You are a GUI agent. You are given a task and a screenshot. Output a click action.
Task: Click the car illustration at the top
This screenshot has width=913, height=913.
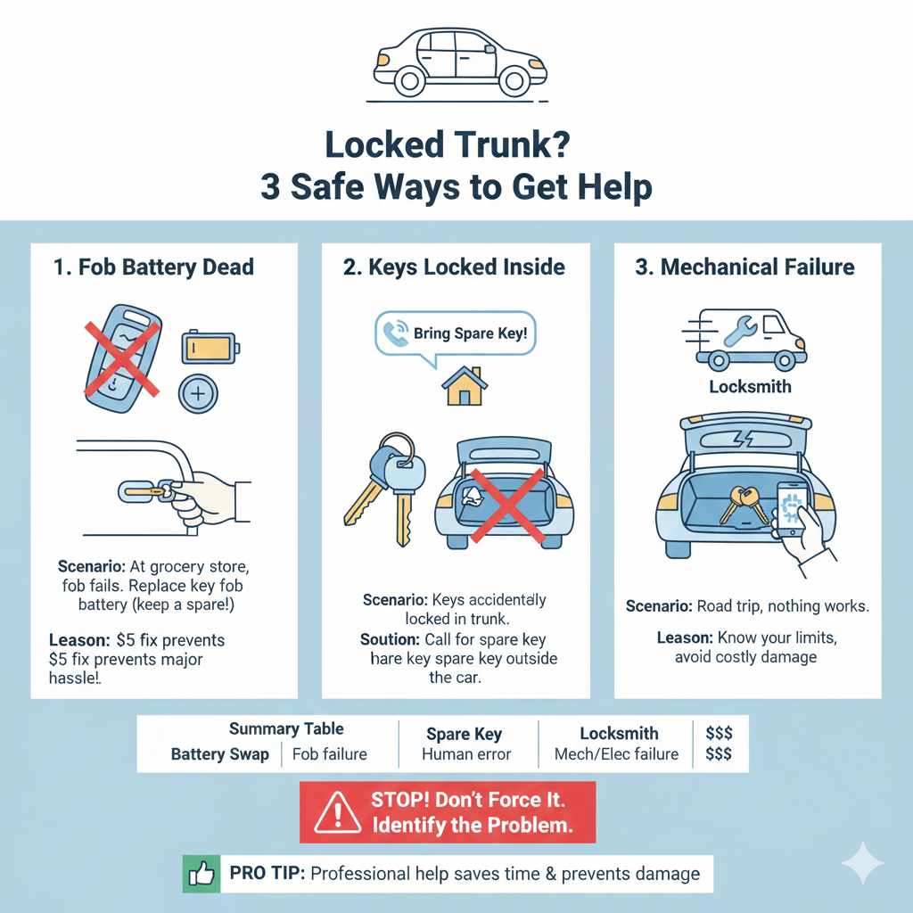click(457, 62)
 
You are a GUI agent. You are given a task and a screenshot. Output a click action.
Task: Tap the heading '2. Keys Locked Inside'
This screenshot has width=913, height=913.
click(456, 267)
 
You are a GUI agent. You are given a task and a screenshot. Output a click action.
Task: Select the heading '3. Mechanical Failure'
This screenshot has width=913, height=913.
click(744, 267)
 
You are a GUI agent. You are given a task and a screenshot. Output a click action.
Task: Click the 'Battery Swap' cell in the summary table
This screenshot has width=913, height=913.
click(219, 754)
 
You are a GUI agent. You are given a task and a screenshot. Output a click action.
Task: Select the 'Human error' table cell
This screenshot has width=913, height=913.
click(466, 754)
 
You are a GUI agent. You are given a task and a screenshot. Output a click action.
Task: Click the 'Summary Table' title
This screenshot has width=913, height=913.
click(285, 729)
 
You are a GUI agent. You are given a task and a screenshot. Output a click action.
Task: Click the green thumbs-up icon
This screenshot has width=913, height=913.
click(202, 874)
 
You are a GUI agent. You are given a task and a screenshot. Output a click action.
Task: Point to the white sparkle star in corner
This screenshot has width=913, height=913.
click(862, 863)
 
